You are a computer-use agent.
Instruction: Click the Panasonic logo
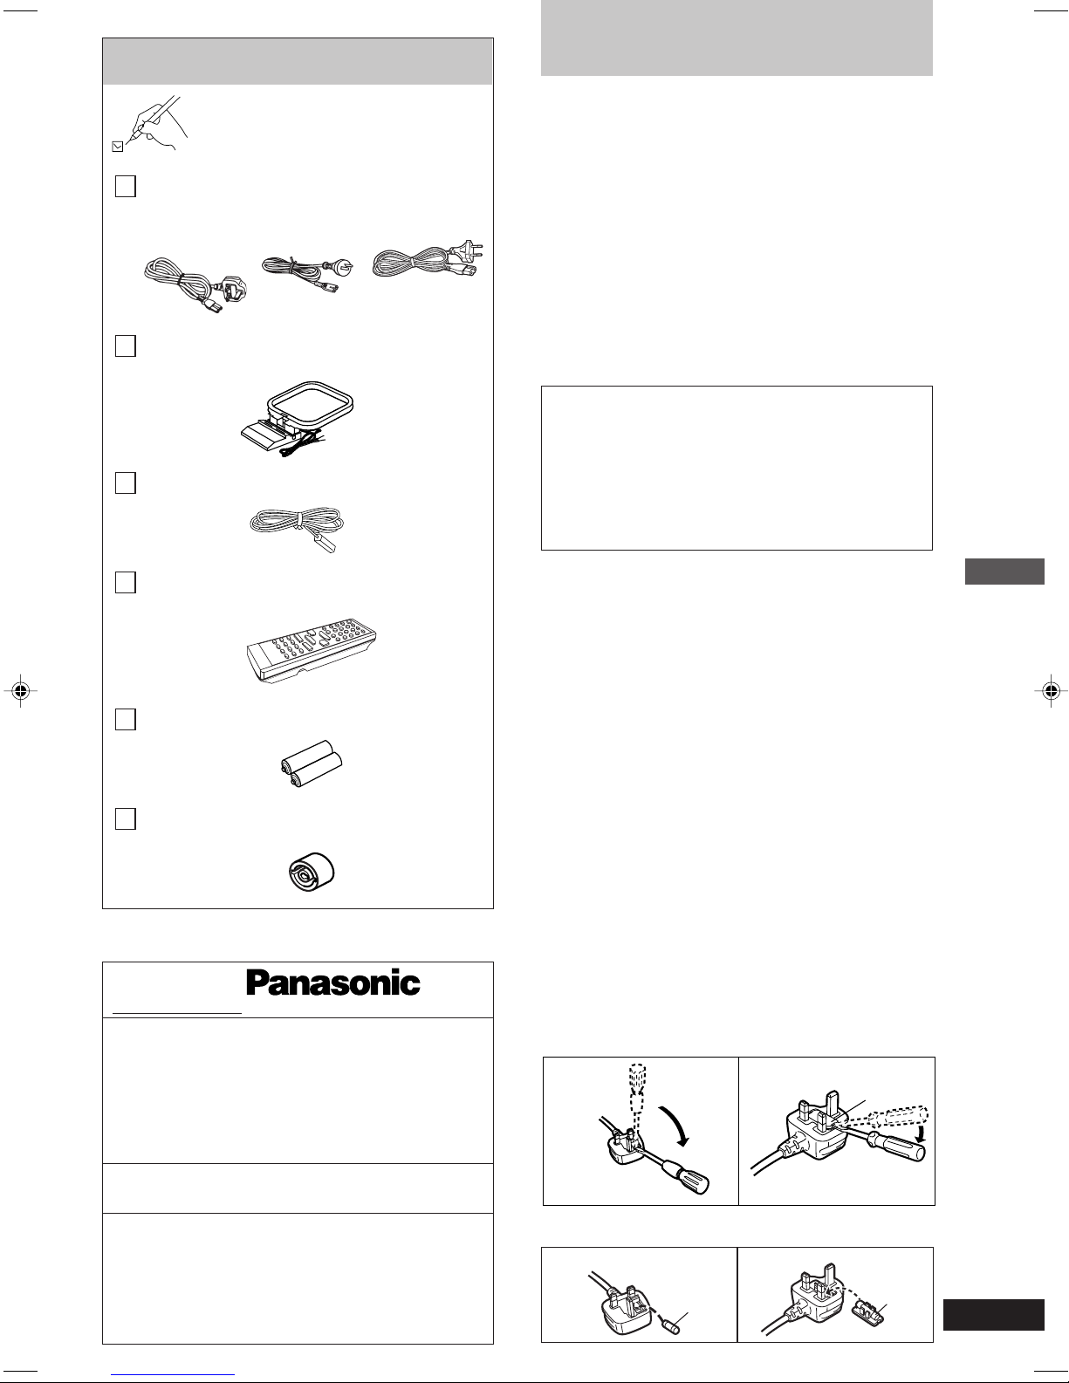point(332,983)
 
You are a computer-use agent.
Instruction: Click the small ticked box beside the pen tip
point(117,147)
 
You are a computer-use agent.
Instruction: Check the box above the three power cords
point(126,187)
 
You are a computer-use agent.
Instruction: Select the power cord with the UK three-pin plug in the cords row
point(195,286)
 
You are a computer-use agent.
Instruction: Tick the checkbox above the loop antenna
point(126,346)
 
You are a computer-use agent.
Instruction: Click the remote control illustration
point(312,650)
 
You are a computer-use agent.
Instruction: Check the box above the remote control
point(126,582)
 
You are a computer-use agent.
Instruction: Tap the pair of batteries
point(312,763)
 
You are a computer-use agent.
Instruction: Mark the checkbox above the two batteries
point(126,719)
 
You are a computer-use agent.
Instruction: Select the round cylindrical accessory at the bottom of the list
point(312,872)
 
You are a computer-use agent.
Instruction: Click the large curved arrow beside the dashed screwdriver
point(675,1126)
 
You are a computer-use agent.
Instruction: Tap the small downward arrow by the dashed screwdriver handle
point(919,1134)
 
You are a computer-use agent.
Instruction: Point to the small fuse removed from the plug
point(670,1326)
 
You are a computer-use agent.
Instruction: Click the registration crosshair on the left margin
point(21,690)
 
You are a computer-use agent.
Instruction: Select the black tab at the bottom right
point(994,1314)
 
